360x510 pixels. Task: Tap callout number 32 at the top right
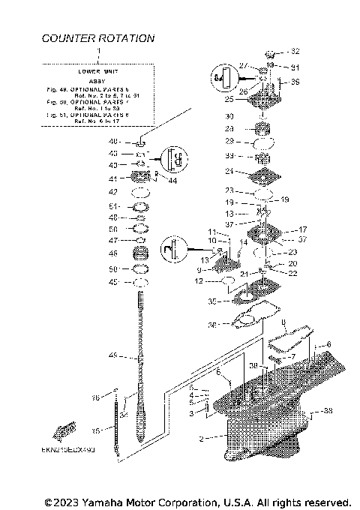click(x=295, y=52)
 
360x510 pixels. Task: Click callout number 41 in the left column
click(x=114, y=179)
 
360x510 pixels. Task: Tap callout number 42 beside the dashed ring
click(x=114, y=193)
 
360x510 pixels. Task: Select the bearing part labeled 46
click(x=140, y=253)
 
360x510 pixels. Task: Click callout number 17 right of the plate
click(x=304, y=229)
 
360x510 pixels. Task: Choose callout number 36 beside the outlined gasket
click(x=213, y=325)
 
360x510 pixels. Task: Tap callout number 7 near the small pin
click(x=294, y=357)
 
